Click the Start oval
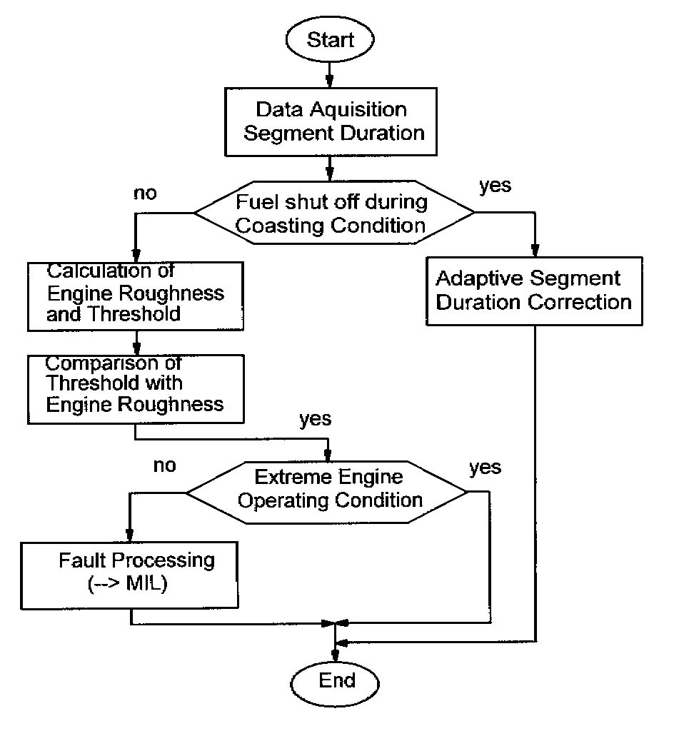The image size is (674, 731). (330, 40)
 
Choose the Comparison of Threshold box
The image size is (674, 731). (135, 384)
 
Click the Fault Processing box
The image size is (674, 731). (129, 572)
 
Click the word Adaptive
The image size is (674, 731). (476, 278)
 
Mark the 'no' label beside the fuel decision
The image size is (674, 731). (145, 193)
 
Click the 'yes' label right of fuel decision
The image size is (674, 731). (495, 186)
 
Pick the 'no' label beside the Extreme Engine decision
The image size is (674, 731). (164, 465)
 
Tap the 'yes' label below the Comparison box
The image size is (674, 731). (315, 419)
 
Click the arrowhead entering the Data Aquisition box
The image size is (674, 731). (330, 82)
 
